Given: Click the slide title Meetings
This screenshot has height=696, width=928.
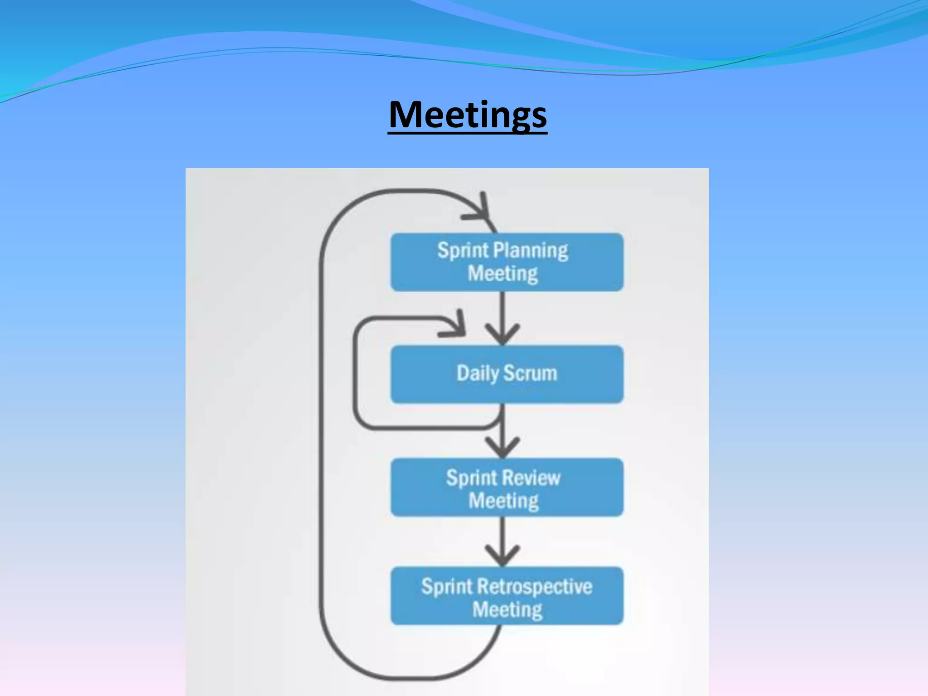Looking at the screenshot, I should coord(468,115).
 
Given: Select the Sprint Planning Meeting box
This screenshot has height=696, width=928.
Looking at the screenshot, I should coord(507,262).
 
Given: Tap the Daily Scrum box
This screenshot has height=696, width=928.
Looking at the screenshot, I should coord(507,374).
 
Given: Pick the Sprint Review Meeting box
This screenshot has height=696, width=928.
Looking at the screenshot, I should coord(507,488).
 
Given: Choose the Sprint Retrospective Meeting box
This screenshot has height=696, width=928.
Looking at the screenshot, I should coord(507,596).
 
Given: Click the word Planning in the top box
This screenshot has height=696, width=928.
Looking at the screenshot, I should coord(530,251).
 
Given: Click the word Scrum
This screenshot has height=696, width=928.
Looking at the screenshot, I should coord(530,373).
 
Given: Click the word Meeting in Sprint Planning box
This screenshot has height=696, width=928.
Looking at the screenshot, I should coord(503,274).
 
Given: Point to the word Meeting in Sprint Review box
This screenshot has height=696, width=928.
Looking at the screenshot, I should coord(503,501).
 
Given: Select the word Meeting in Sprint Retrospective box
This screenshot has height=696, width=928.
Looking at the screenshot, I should coord(507,610).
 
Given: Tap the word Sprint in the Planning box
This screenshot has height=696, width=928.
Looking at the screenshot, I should coord(463,251).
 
